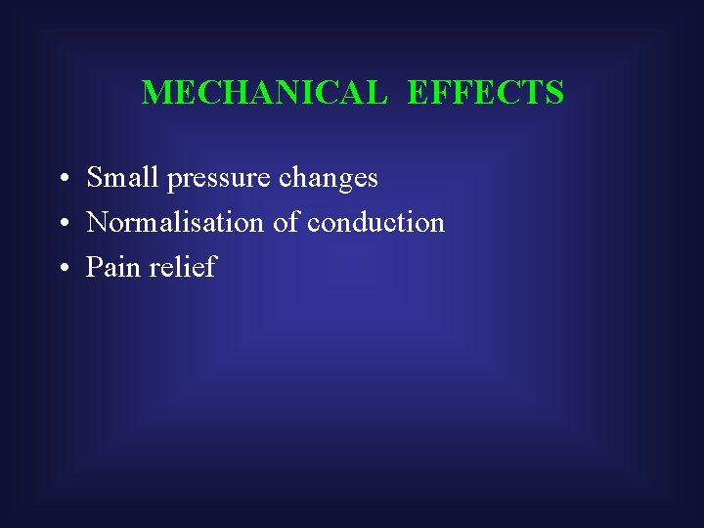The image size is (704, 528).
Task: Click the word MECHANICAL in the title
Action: [x=264, y=93]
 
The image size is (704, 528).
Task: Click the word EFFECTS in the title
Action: [x=485, y=93]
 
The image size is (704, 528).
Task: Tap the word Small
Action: [x=123, y=178]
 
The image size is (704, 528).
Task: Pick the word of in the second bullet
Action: [x=286, y=223]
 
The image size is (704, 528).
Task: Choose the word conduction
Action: [x=375, y=223]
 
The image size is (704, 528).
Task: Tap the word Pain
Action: [x=113, y=267]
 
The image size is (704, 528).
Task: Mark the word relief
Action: [x=183, y=267]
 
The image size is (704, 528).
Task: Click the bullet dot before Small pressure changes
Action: [x=62, y=180]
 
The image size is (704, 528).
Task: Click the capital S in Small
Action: [x=94, y=178]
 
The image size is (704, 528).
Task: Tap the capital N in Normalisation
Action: [x=96, y=223]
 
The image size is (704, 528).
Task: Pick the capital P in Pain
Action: [x=94, y=267]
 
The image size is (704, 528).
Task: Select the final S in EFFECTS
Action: [x=554, y=93]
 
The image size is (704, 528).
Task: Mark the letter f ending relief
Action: [x=209, y=266]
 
